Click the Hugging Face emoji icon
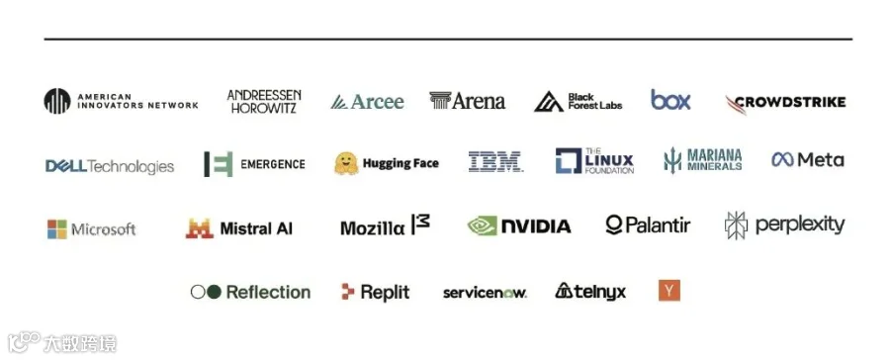pyautogui.click(x=346, y=163)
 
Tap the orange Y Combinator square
pyautogui.click(x=669, y=291)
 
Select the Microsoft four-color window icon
pyautogui.click(x=57, y=229)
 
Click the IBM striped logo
pyautogui.click(x=495, y=161)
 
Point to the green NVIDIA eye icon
pyautogui.click(x=482, y=226)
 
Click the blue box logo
pyautogui.click(x=670, y=100)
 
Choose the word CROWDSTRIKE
pyautogui.click(x=789, y=102)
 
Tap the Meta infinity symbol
pyautogui.click(x=782, y=159)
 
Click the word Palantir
pyautogui.click(x=658, y=225)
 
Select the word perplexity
pyautogui.click(x=800, y=225)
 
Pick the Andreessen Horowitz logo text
pyautogui.click(x=264, y=101)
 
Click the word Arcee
pyautogui.click(x=378, y=102)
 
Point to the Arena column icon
pyautogui.click(x=440, y=101)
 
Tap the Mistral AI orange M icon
pyautogui.click(x=199, y=228)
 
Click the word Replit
pyautogui.click(x=385, y=293)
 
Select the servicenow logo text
pyautogui.click(x=485, y=293)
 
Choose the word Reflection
pyautogui.click(x=268, y=292)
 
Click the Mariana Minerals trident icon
pyautogui.click(x=672, y=160)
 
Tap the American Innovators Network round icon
pyautogui.click(x=57, y=101)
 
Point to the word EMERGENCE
pyautogui.click(x=273, y=164)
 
